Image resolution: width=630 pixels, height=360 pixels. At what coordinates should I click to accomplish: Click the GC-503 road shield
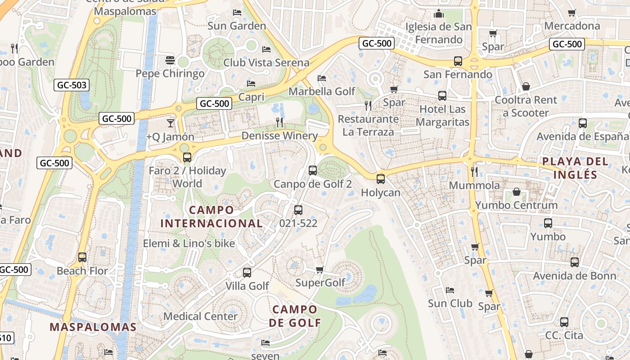72,85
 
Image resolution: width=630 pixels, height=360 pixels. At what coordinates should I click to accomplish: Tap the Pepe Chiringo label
170,73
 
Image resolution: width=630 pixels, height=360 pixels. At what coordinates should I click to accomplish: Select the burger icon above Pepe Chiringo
170,60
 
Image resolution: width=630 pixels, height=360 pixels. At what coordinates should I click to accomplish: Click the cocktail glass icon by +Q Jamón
171,123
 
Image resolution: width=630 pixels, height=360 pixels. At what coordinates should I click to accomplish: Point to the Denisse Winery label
279,135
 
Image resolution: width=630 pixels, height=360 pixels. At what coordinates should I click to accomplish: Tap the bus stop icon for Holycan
381,179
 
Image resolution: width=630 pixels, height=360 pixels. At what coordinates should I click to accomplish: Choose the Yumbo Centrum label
516,205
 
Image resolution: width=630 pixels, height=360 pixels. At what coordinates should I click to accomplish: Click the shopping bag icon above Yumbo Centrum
517,192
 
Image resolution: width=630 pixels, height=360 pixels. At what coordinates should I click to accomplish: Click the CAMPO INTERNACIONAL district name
211,216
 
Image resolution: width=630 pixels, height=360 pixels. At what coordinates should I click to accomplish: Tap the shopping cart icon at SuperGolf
319,270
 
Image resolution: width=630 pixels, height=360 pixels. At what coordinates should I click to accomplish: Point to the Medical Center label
200,316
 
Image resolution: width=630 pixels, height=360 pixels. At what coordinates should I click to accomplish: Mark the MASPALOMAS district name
93,327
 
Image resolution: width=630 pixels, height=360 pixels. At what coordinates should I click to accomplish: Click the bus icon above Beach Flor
82,257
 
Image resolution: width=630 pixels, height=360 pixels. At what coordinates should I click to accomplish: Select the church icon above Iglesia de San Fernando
439,14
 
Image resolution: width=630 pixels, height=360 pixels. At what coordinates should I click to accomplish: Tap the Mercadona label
572,26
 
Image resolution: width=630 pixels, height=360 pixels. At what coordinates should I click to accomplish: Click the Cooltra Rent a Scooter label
526,106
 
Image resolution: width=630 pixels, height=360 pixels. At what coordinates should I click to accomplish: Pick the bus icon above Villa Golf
247,273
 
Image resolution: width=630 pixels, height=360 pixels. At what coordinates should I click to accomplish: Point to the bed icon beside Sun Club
450,290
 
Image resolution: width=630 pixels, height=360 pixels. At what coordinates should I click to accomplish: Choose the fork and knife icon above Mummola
474,171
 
